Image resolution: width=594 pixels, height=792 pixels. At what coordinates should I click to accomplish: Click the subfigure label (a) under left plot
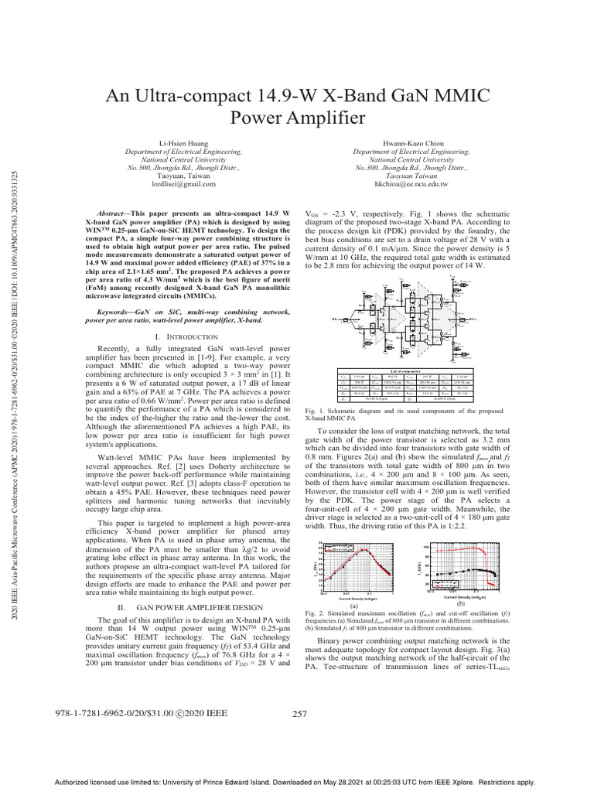tap(353, 605)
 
